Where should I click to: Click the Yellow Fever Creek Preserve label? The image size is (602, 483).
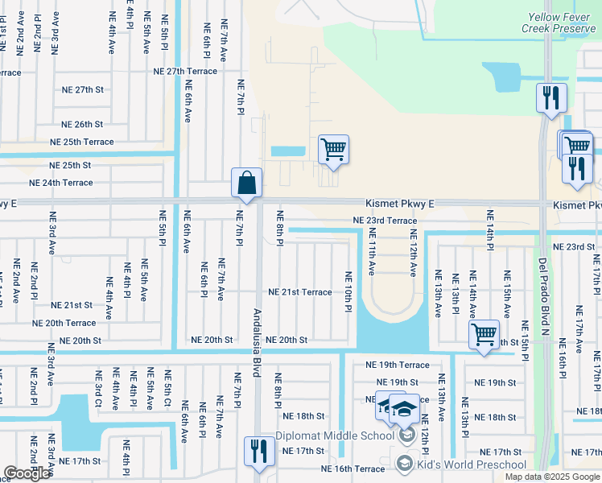coord(561,22)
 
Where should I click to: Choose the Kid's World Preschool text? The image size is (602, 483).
coord(462,463)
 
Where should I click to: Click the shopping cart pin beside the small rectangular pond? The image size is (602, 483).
coord(333,149)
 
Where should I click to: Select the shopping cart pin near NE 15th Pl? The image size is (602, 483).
coord(484,333)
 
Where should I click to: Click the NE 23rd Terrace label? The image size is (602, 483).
coord(385,220)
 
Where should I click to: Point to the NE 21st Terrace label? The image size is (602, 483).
coord(299,291)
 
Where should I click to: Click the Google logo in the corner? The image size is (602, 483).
coord(27,473)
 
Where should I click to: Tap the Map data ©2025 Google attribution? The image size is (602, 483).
coord(552,477)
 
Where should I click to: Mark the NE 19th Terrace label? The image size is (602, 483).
coord(398,365)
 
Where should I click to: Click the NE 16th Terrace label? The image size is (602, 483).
coord(353,469)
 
